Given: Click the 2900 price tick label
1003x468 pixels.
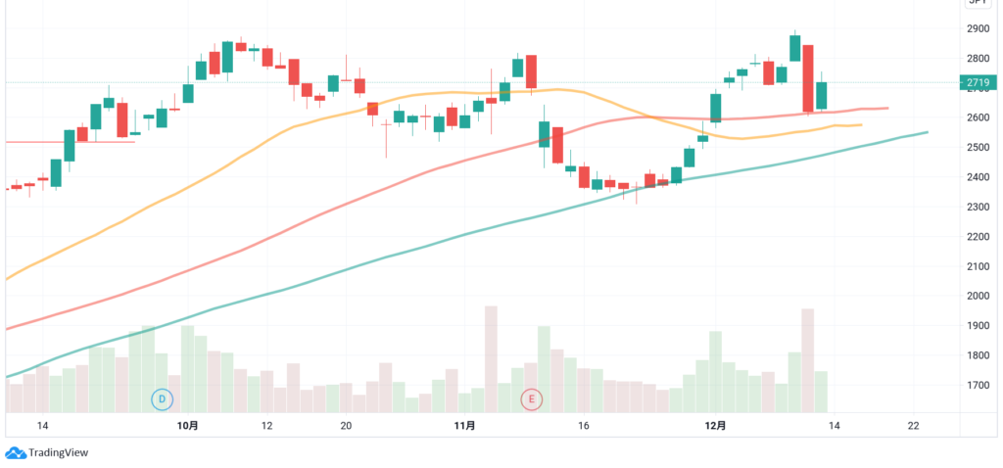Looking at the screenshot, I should tap(979, 28).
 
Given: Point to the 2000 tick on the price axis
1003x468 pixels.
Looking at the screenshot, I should tap(979, 296).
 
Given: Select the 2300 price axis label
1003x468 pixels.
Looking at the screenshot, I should tap(979, 207).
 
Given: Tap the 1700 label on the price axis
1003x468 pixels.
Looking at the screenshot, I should tap(979, 385).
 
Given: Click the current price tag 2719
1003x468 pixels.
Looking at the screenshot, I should tap(979, 83).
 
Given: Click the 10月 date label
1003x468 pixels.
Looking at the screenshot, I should tap(189, 426).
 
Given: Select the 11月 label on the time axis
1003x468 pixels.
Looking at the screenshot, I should tap(465, 426).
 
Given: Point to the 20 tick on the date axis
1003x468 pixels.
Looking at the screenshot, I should tap(346, 426).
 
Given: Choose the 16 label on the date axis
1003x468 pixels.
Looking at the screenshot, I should tap(584, 426).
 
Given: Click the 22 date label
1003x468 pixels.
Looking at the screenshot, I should tap(913, 426).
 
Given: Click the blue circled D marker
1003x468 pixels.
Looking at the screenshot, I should tap(163, 398).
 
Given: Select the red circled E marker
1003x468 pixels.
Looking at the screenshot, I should tap(532, 398).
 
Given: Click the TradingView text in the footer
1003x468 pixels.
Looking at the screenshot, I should tap(60, 452).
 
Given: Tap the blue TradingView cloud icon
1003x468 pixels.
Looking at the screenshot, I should tap(16, 452).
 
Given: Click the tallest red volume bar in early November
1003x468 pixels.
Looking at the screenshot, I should tap(491, 358).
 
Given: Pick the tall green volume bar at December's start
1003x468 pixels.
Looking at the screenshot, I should tap(715, 372).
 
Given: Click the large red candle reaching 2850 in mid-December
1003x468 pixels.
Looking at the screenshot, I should tap(808, 78).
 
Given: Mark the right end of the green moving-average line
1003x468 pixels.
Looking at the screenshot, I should tap(927, 131).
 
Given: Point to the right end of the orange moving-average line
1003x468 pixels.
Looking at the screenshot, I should tap(860, 124).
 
